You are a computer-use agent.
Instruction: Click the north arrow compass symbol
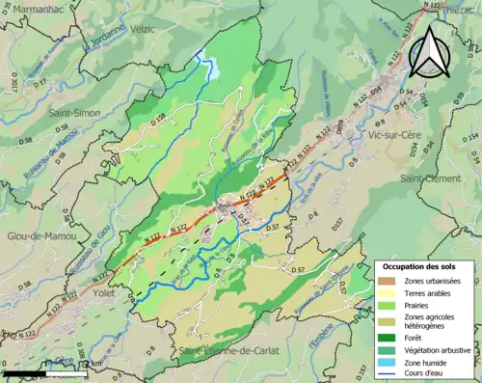(430, 52)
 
